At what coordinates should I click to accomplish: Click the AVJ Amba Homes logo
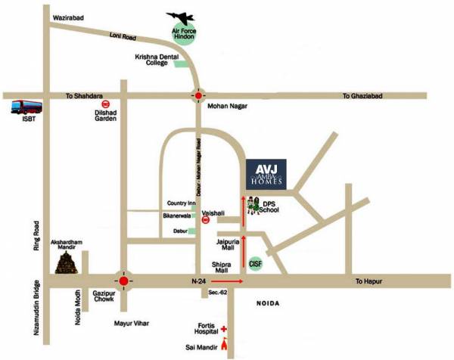(x=269, y=175)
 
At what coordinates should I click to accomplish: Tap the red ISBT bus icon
(x=20, y=105)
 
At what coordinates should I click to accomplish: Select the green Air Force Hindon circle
(x=184, y=35)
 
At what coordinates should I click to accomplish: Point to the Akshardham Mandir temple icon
(x=66, y=263)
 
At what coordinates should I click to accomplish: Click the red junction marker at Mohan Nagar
(x=198, y=97)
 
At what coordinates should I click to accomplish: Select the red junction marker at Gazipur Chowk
(x=123, y=280)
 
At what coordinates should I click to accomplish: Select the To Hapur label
(x=370, y=281)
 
